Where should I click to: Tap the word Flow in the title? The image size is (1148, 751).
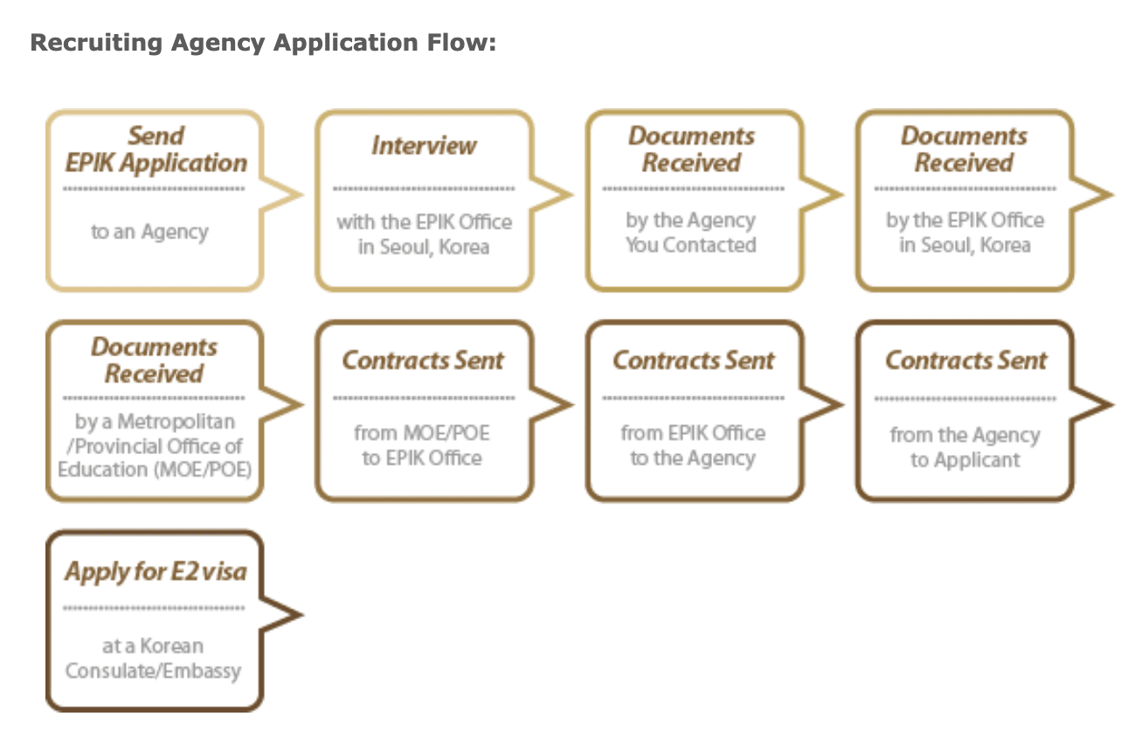click(466, 43)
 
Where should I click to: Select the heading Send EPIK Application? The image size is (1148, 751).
click(156, 149)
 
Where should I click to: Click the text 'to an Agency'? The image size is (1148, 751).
click(149, 232)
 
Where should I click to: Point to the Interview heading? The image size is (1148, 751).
click(424, 145)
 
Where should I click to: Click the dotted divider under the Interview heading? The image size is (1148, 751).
click(424, 189)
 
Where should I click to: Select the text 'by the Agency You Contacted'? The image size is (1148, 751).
click(690, 233)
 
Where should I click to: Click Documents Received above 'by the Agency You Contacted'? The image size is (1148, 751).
click(691, 149)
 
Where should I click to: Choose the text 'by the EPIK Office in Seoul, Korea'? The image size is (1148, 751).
click(965, 232)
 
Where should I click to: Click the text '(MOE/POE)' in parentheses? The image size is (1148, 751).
click(214, 470)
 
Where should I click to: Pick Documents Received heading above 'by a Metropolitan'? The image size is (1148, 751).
click(154, 360)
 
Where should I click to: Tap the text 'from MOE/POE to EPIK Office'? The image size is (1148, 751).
click(422, 445)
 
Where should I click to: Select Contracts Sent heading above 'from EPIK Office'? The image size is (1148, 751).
click(694, 361)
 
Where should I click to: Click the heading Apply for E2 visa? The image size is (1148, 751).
click(156, 572)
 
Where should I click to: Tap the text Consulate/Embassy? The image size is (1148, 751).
click(153, 671)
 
